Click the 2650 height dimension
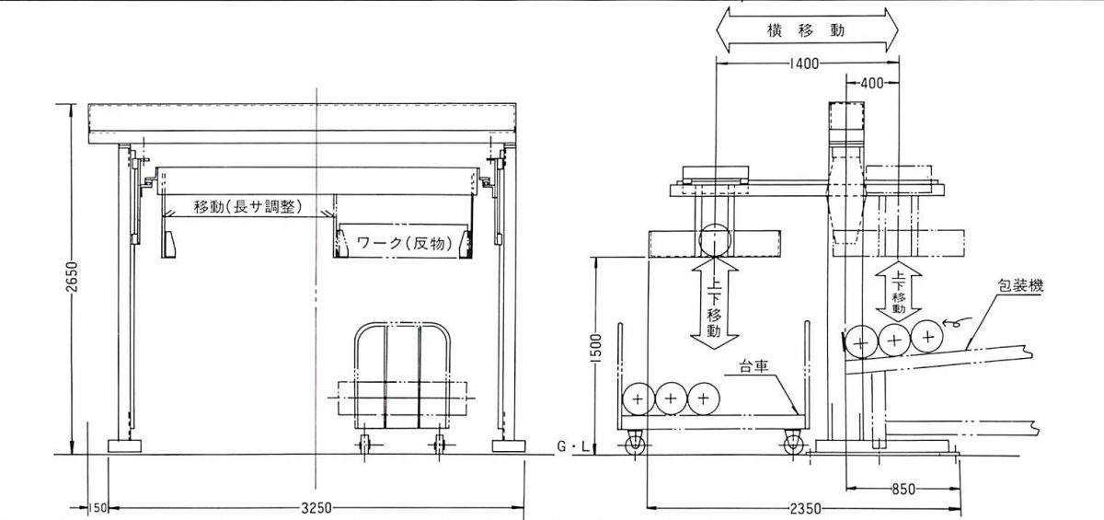72,276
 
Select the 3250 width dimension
316,508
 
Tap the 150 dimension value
98,508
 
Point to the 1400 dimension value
804,64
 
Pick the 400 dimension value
872,84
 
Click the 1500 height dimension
596,348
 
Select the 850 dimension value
903,490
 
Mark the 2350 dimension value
806,508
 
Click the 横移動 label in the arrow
806,30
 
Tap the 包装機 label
1020,285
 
